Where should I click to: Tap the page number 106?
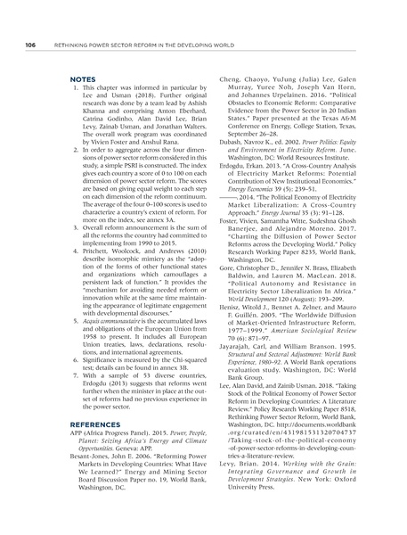[29, 44]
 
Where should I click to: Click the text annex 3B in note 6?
[163, 357]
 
